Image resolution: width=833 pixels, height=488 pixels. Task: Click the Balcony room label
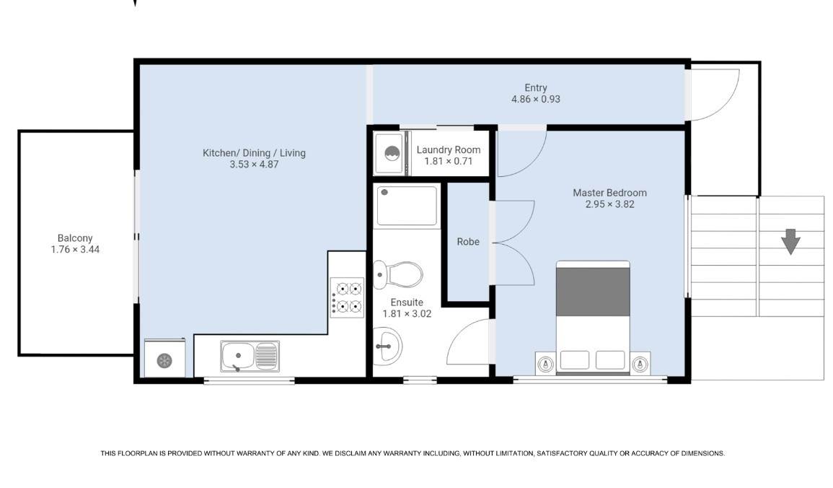coord(75,238)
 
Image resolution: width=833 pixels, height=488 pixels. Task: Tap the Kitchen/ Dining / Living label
coord(254,153)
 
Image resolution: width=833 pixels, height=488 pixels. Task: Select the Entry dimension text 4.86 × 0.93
coord(535,99)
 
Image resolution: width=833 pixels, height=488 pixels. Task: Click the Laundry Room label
coord(449,150)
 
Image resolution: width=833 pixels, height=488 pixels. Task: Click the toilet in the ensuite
coord(397,274)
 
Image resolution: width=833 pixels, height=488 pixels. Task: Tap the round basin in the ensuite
coord(387,346)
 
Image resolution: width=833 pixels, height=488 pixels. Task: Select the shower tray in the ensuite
coord(407,206)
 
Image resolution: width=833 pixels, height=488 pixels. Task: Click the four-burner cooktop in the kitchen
coord(347,297)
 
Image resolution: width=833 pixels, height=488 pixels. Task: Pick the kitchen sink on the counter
coord(250,356)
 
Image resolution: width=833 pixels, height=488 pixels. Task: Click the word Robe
coord(468,242)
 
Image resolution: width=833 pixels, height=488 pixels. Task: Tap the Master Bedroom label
coord(610,193)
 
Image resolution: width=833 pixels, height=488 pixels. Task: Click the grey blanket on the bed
coord(593,292)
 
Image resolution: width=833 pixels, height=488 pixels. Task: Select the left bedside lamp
coord(545,365)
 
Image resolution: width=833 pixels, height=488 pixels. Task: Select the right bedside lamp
coord(640,365)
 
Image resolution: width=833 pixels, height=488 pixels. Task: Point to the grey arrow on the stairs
coord(790,241)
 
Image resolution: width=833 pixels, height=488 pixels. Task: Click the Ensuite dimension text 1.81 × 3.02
coord(407,313)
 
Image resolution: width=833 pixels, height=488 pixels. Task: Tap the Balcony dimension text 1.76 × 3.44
coord(75,249)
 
